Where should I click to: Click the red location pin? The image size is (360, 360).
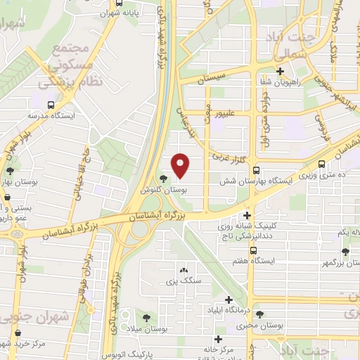(x=181, y=166)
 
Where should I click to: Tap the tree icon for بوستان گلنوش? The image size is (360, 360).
(x=164, y=179)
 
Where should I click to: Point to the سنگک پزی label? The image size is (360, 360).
(x=185, y=281)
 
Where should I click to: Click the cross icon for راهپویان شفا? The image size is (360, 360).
(x=281, y=70)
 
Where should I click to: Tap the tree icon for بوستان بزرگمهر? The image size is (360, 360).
(x=345, y=252)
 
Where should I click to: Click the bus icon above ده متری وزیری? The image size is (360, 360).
(x=321, y=165)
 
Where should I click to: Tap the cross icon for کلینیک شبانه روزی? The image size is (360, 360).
(x=247, y=215)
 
